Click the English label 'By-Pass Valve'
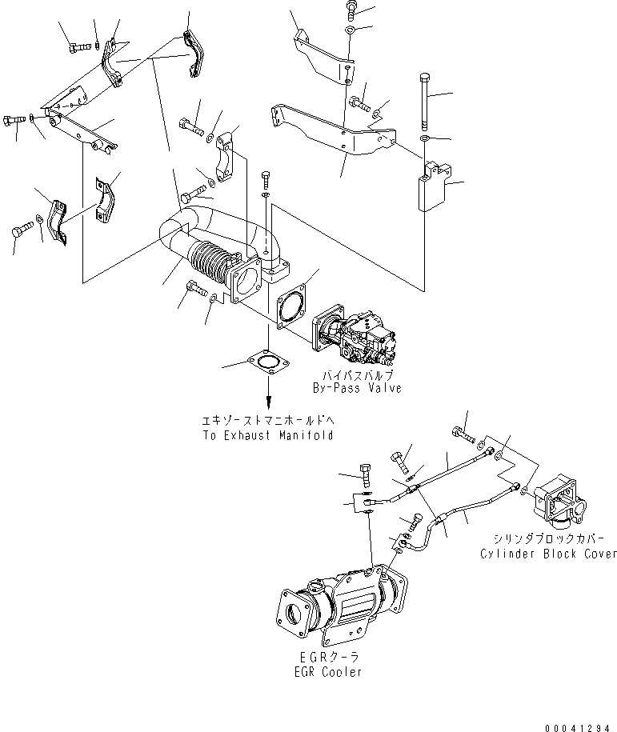point(357,388)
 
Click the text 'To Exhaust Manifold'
point(267,436)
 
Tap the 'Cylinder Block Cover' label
point(549,554)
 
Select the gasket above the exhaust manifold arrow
point(268,365)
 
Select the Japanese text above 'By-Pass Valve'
point(357,374)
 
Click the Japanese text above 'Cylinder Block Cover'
point(549,539)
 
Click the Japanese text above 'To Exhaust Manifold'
point(267,421)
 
